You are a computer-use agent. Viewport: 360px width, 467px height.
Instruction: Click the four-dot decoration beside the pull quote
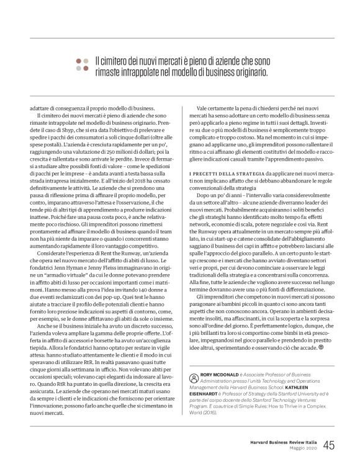tap(81, 65)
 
